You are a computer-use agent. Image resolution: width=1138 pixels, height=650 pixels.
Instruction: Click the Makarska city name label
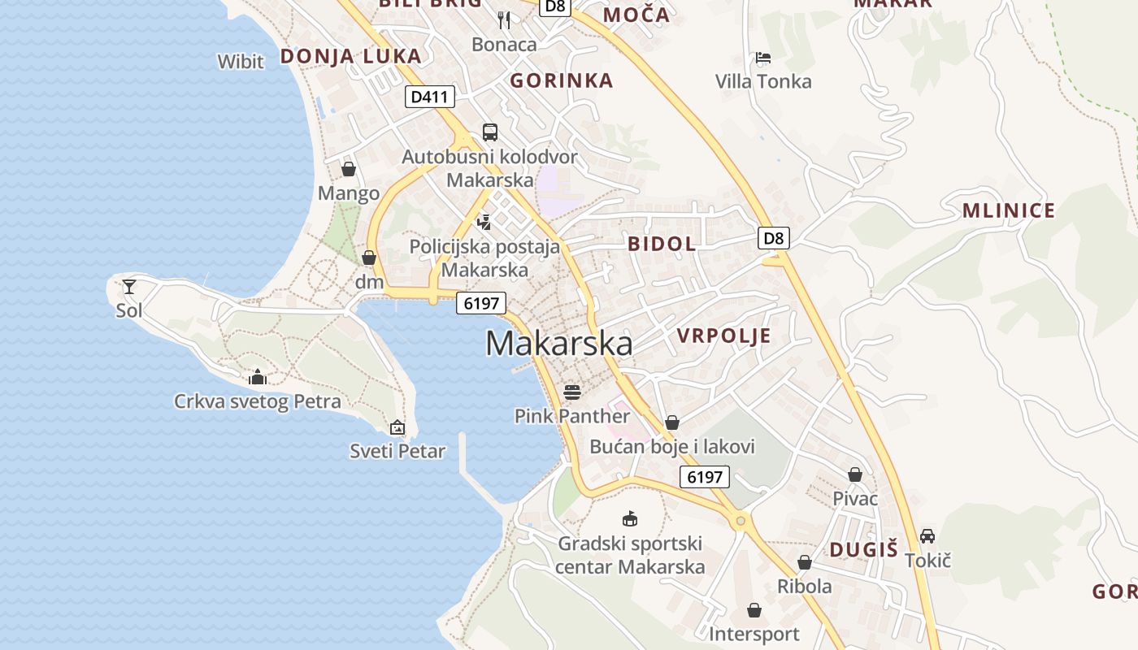click(x=558, y=343)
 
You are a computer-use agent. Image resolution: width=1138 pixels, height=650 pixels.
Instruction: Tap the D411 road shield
click(x=429, y=97)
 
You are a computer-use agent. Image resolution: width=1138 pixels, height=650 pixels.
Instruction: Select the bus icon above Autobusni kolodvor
click(x=489, y=132)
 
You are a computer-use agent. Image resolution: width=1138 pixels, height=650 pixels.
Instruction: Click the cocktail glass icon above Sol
click(x=129, y=287)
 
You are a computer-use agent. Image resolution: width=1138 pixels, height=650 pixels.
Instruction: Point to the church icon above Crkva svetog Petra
click(x=258, y=377)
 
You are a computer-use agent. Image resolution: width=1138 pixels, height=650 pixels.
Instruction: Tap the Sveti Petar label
click(x=397, y=451)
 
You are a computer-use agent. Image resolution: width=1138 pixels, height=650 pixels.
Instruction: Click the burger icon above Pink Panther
click(x=572, y=392)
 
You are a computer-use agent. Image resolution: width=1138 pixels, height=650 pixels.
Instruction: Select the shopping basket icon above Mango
click(x=349, y=169)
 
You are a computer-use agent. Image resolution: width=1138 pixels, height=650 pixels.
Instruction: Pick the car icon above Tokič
click(x=927, y=536)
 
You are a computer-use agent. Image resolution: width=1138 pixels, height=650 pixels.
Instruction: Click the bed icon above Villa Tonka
click(x=762, y=58)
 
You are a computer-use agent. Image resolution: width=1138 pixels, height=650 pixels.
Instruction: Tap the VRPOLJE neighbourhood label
click(x=723, y=336)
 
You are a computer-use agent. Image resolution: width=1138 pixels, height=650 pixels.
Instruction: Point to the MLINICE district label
click(x=1009, y=211)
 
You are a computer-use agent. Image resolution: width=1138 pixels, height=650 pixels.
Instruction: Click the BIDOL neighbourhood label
click(x=662, y=244)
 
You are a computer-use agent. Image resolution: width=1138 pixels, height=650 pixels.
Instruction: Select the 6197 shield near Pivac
click(x=705, y=477)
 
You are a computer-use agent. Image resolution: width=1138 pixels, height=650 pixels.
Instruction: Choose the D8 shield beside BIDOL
click(x=774, y=238)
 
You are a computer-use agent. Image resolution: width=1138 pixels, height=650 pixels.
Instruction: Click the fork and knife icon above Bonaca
click(x=504, y=20)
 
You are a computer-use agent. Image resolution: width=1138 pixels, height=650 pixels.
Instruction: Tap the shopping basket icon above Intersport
click(x=754, y=610)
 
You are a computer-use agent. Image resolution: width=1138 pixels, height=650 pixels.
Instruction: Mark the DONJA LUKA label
click(x=351, y=56)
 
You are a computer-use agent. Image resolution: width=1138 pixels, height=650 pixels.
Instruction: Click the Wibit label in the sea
click(x=241, y=61)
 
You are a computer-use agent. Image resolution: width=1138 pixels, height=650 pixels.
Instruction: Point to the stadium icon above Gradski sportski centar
click(x=629, y=518)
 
